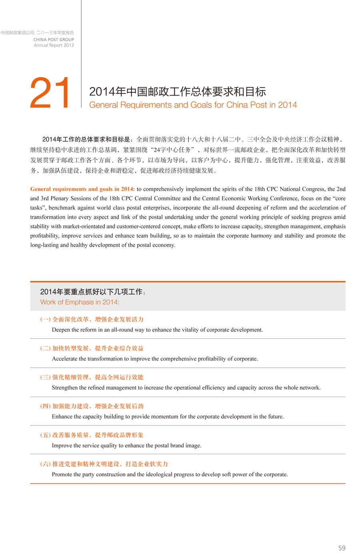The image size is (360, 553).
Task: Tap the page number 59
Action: pos(342,548)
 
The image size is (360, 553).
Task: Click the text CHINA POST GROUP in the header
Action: pos(54,40)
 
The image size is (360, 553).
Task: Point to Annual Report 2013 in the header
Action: pos(54,45)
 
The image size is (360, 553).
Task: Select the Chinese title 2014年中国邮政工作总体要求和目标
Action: pos(177,92)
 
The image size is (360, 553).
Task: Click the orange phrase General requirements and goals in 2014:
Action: pos(82,189)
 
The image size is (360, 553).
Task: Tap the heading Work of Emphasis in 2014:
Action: pos(80,302)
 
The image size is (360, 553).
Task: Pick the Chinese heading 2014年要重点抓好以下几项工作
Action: pos(91,292)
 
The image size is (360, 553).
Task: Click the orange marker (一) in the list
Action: pos(45,319)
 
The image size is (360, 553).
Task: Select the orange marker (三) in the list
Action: pos(45,377)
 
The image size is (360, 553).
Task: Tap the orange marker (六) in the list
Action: pos(45,464)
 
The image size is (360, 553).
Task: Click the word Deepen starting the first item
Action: pos(62,330)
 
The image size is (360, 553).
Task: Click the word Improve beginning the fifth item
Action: pos(62,445)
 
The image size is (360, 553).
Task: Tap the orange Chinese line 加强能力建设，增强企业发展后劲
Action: pos(98,406)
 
